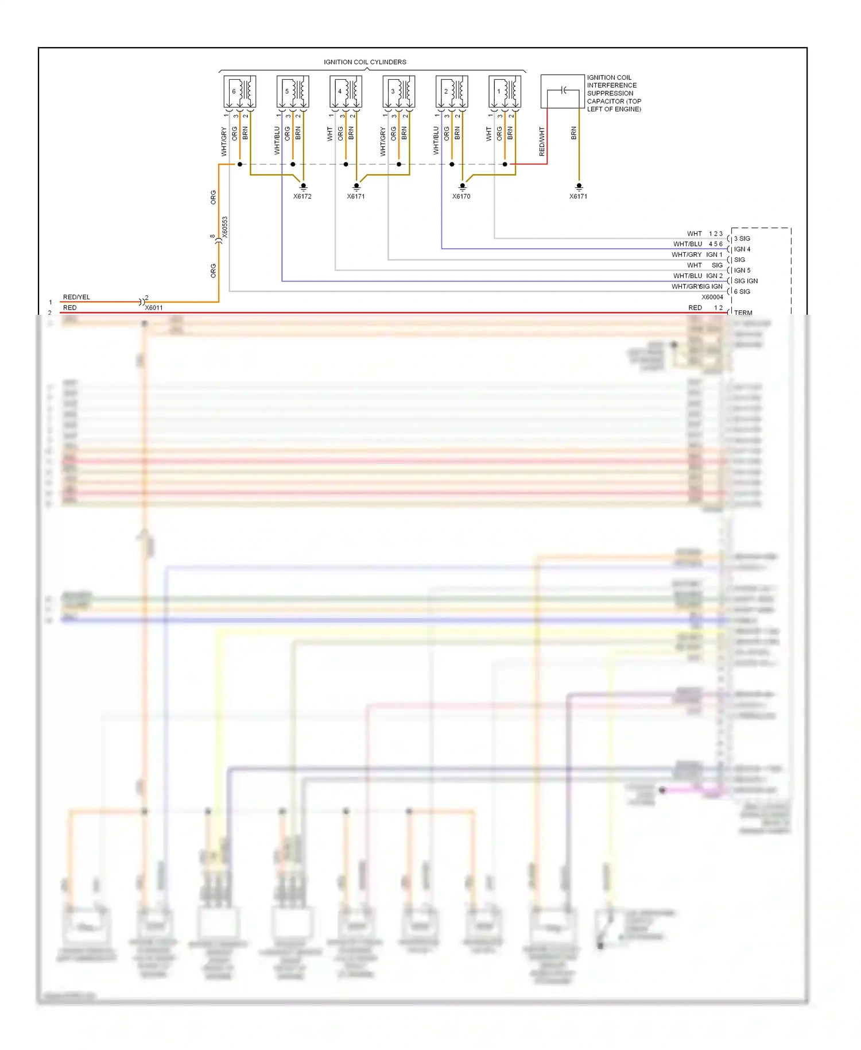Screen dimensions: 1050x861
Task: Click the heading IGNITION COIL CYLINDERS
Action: tap(364, 62)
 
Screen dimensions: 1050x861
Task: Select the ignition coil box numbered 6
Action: tap(239, 91)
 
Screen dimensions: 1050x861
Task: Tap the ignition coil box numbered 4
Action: tap(346, 91)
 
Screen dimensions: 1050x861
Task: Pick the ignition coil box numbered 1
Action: tap(505, 91)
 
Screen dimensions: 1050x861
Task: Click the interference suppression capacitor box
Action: tap(563, 91)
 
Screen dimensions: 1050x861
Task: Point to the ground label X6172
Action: tap(302, 196)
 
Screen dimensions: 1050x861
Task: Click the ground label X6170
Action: tap(461, 196)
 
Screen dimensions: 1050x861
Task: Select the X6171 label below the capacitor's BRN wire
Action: tap(578, 196)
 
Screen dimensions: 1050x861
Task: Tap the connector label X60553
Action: tap(225, 227)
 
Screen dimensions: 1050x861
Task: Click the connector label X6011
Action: tap(154, 308)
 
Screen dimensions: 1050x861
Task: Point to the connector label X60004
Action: tap(712, 298)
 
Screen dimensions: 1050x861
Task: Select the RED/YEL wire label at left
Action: tap(76, 297)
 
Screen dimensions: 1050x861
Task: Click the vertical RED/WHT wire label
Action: tap(542, 141)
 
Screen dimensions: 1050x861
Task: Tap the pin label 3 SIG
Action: tap(742, 238)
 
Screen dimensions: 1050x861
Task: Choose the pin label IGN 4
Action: tap(742, 249)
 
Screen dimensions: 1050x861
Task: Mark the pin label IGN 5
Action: tap(742, 271)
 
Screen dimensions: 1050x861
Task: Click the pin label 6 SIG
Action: tap(742, 292)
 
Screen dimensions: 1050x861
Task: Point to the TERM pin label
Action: tap(743, 312)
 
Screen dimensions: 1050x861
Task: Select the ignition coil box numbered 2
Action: tap(452, 91)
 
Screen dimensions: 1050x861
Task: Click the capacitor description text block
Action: tap(614, 93)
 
